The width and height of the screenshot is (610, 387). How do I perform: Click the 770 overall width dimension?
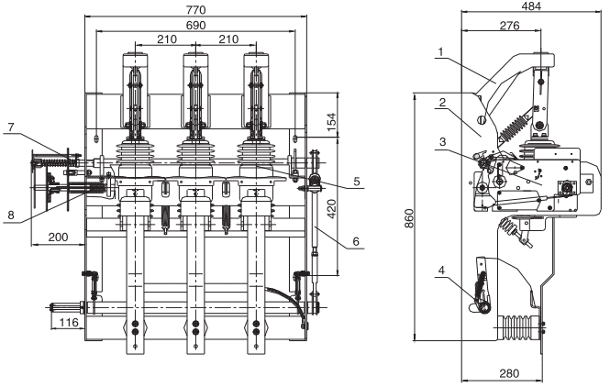pyautogui.click(x=194, y=9)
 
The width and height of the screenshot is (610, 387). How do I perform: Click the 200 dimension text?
pyautogui.click(x=56, y=237)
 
